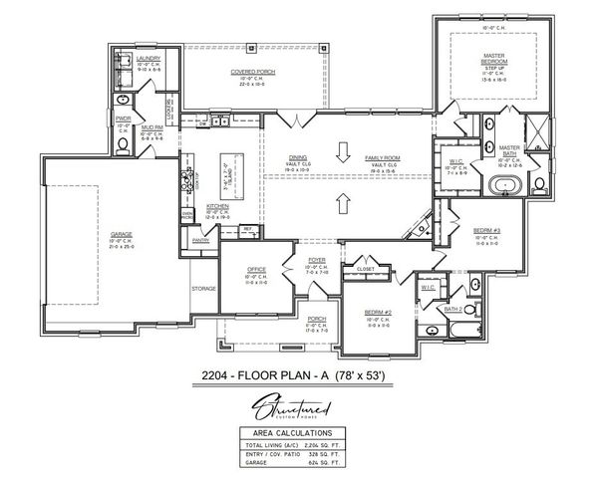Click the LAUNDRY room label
point(148,60)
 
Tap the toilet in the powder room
point(124,144)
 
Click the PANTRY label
point(200,240)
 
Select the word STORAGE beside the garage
point(203,289)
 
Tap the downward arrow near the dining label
point(343,152)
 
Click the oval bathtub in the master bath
point(504,184)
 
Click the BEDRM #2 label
point(378,313)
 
